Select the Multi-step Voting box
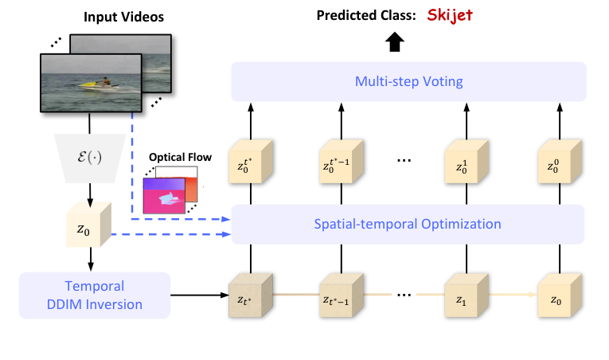coord(408,81)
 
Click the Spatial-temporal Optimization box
coord(408,224)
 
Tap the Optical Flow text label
coord(185,157)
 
